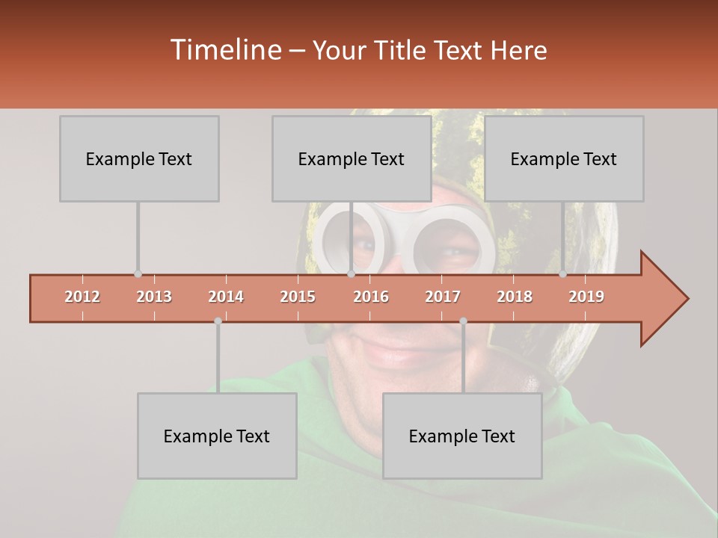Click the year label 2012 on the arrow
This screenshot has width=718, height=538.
click(82, 297)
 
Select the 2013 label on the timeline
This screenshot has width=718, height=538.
click(154, 297)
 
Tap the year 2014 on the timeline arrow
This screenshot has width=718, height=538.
click(226, 297)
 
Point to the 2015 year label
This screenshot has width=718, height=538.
click(298, 297)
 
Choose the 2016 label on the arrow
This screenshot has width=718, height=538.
click(371, 297)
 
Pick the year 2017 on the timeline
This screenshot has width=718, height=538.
click(443, 297)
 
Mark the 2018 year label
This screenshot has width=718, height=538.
click(515, 297)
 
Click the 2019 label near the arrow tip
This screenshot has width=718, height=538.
click(586, 297)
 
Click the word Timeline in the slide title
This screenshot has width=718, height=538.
click(224, 50)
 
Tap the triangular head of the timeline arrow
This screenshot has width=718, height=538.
click(662, 299)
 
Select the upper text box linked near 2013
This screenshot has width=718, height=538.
click(139, 158)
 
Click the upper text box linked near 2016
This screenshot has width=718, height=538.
click(352, 158)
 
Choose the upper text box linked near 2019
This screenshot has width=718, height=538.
click(564, 158)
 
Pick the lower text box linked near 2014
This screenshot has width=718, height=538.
click(217, 436)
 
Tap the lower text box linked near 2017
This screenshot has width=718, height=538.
click(462, 436)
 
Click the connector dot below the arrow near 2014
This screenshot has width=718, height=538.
click(218, 321)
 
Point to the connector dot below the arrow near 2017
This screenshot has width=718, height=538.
click(463, 321)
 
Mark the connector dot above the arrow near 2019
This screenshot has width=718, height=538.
click(562, 274)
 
